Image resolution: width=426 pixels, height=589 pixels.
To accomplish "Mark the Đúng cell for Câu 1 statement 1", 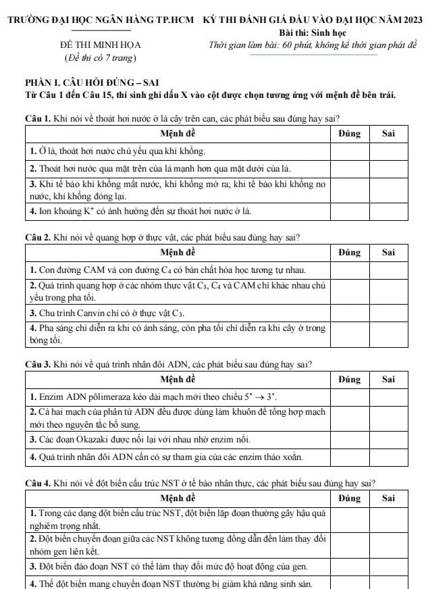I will pyautogui.click(x=350, y=150).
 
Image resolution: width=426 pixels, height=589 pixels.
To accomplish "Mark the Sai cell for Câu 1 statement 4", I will pyautogui.click(x=388, y=212).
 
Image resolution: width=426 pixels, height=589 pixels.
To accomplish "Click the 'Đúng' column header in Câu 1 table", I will pyautogui.click(x=350, y=134).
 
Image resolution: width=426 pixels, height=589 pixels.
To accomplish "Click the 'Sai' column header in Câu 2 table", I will pyautogui.click(x=388, y=253).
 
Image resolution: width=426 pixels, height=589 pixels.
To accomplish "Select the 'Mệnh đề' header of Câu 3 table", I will pyautogui.click(x=178, y=379).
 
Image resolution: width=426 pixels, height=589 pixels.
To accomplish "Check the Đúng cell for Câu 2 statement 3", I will pyautogui.click(x=350, y=313).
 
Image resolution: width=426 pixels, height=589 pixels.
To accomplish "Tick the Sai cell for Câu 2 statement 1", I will pyautogui.click(x=388, y=270).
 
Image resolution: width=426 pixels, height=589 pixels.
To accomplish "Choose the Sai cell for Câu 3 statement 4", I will pyautogui.click(x=388, y=457).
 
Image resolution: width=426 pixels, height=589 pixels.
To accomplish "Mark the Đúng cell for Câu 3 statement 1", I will pyautogui.click(x=350, y=396).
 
